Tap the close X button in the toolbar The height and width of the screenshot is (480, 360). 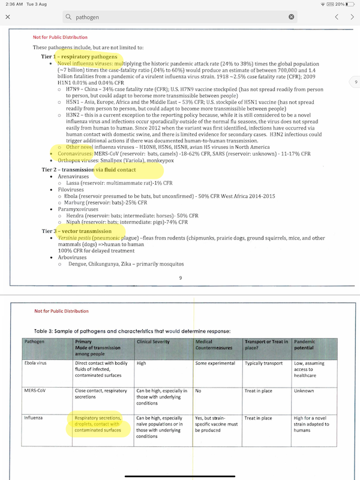[7, 17]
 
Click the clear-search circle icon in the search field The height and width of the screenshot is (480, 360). [292, 17]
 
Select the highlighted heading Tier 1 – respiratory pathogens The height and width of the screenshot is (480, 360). [83, 56]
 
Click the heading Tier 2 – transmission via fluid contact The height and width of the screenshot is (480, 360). [97, 170]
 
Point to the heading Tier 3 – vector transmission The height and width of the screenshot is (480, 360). [85, 231]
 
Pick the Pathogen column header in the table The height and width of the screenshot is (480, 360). [34, 341]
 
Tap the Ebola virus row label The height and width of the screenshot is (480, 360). [37, 364]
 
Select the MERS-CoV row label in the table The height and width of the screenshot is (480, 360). [35, 391]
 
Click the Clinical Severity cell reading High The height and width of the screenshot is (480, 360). [142, 364]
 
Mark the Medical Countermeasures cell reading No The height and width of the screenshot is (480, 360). [199, 391]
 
